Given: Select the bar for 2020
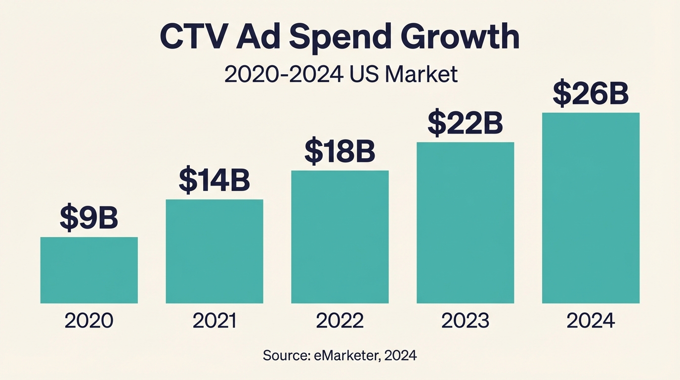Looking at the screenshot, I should click(89, 270).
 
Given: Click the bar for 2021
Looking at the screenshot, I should click(214, 251).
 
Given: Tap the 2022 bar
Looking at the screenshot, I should click(340, 237).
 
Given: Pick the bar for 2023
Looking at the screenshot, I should click(466, 223).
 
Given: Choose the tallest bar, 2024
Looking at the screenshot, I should click(591, 208).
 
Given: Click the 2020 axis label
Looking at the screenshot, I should click(89, 321).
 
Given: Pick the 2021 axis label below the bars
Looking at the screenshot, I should click(214, 321).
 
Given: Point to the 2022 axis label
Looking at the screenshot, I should click(340, 321).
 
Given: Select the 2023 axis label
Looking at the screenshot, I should click(466, 321).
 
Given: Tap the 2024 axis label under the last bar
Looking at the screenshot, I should click(591, 321).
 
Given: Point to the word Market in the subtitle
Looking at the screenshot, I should click(421, 75).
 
